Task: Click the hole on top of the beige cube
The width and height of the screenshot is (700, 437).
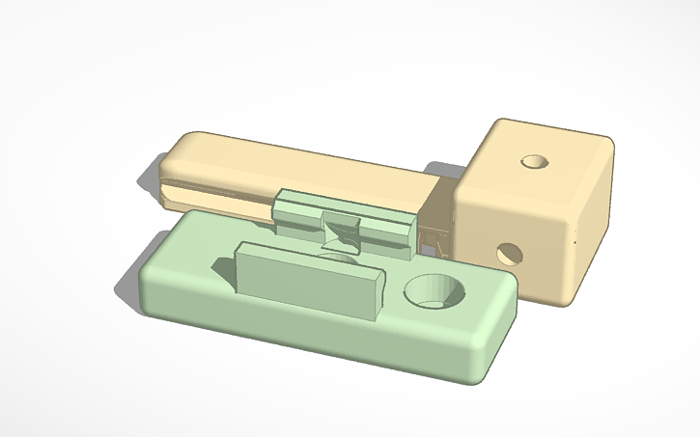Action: coord(532,160)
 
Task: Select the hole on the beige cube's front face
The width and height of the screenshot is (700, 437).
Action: coord(506,254)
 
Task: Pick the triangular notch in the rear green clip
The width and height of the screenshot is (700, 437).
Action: coord(341,230)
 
